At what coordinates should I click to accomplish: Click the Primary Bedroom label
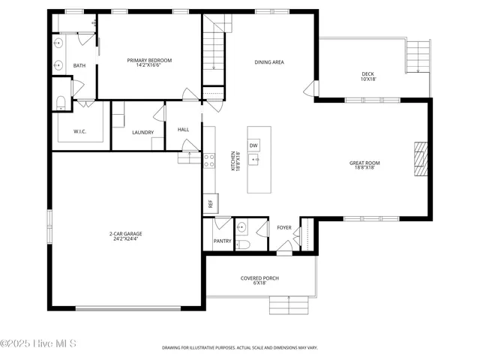click(149, 62)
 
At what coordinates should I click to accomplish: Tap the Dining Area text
click(269, 62)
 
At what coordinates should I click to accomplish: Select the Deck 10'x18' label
click(367, 76)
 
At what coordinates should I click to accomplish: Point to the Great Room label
click(364, 165)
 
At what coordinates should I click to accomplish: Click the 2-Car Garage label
click(126, 235)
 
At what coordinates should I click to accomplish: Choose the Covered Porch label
click(259, 280)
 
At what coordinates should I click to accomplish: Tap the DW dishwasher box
click(253, 145)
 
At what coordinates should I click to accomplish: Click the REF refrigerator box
click(210, 203)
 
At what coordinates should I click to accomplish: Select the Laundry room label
click(142, 133)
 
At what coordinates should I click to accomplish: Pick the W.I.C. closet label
click(80, 132)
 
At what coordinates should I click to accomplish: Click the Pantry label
click(222, 241)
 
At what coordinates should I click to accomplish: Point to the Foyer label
click(284, 227)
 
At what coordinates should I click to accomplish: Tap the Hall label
click(183, 130)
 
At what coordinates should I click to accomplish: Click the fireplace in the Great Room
click(421, 158)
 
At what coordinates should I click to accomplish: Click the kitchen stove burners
click(209, 160)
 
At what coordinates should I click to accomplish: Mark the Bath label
click(79, 66)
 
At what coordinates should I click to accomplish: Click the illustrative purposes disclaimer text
click(240, 348)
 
